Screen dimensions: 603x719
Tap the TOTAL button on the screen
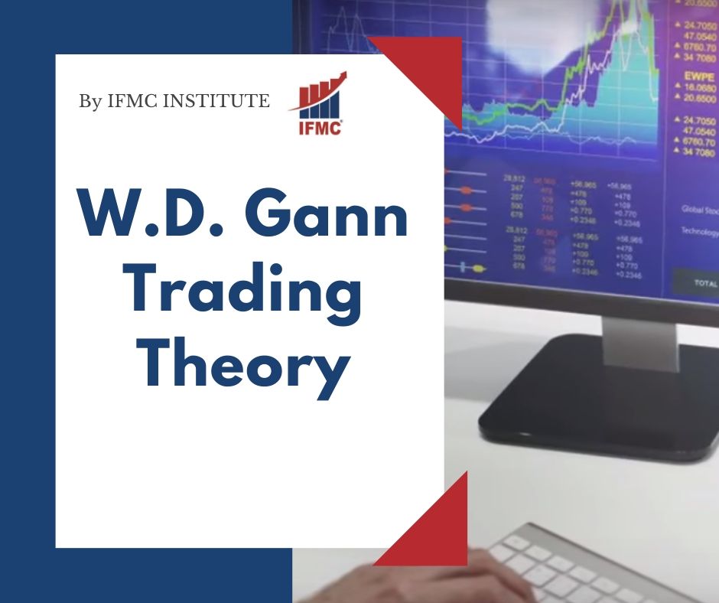pyautogui.click(x=704, y=282)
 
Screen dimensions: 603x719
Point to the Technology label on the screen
pyautogui.click(x=699, y=232)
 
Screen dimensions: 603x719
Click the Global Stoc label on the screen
pyautogui.click(x=699, y=209)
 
